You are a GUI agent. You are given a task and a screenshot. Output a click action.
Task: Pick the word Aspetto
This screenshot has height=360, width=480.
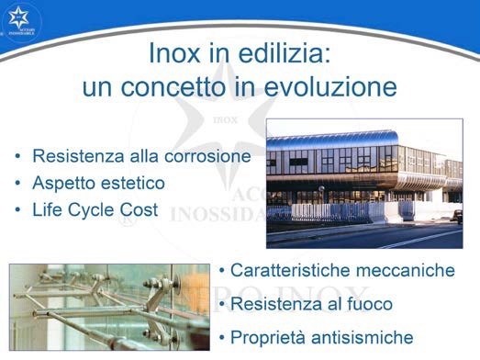(x=66, y=183)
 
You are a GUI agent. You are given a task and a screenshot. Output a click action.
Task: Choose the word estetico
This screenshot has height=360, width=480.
(x=134, y=183)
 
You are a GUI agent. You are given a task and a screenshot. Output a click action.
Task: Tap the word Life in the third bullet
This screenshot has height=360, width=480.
(x=49, y=209)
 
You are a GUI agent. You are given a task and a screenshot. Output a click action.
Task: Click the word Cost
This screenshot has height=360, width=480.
(x=137, y=209)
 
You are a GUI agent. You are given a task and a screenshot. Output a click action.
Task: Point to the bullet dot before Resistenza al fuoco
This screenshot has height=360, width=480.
(x=223, y=304)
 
